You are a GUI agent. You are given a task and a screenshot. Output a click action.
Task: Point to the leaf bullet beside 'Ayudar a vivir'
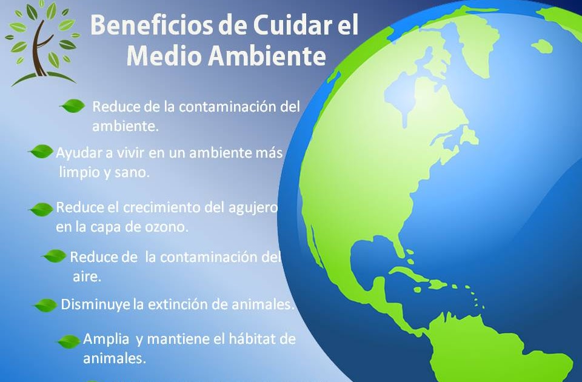pyautogui.click(x=41, y=152)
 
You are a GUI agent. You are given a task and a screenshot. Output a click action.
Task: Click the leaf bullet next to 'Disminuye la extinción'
pyautogui.click(x=45, y=305)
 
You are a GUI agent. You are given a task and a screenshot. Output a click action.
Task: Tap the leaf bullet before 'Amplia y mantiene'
pyautogui.click(x=69, y=341)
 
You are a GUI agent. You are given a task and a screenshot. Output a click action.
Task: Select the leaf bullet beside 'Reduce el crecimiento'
pyautogui.click(x=41, y=209)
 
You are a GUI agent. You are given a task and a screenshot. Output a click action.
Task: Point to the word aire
pyautogui.click(x=87, y=276)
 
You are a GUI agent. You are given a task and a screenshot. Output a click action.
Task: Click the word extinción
pyautogui.click(x=178, y=304)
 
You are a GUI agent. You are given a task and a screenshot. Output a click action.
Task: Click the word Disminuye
pyautogui.click(x=95, y=304)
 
